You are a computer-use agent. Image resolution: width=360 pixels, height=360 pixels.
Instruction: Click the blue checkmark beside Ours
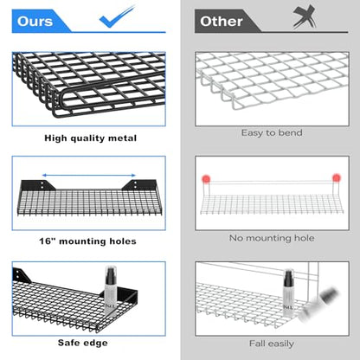pyautogui.click(x=115, y=18)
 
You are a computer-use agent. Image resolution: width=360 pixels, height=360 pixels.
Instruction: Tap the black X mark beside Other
pyautogui.click(x=304, y=16)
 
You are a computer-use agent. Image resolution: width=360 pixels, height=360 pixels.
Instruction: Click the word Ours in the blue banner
pyautogui.click(x=35, y=22)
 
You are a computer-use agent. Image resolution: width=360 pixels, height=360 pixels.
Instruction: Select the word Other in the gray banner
pyautogui.click(x=222, y=22)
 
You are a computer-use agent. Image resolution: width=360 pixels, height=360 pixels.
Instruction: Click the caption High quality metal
pyautogui.click(x=91, y=138)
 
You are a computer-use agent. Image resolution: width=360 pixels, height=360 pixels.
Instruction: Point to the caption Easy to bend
pyautogui.click(x=272, y=132)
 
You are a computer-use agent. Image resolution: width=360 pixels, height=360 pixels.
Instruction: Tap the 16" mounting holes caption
pyautogui.click(x=87, y=241)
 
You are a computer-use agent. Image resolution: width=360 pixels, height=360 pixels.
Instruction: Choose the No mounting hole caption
pyautogui.click(x=272, y=238)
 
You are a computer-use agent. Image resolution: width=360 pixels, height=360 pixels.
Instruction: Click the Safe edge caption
pyautogui.click(x=83, y=343)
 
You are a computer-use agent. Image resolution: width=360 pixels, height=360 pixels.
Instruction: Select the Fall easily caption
pyautogui.click(x=272, y=344)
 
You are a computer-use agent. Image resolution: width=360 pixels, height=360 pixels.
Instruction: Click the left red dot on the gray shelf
pyautogui.click(x=206, y=179)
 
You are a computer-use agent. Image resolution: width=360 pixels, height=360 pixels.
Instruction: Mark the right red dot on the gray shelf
pyautogui.click(x=337, y=177)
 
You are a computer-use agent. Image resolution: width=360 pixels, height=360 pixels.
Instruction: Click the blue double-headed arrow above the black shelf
pyautogui.click(x=89, y=175)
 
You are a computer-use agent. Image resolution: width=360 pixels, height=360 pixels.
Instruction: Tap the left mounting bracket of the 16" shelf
pyautogui.click(x=39, y=185)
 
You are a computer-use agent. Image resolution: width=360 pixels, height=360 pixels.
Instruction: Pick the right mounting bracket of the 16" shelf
pyautogui.click(x=139, y=185)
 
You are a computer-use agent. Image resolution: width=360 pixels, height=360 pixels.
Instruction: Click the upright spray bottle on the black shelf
pyautogui.click(x=110, y=291)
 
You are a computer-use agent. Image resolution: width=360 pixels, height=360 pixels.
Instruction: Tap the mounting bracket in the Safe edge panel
pyautogui.click(x=22, y=275)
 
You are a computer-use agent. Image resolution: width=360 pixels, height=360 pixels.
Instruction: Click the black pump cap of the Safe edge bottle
pyautogui.click(x=110, y=276)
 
